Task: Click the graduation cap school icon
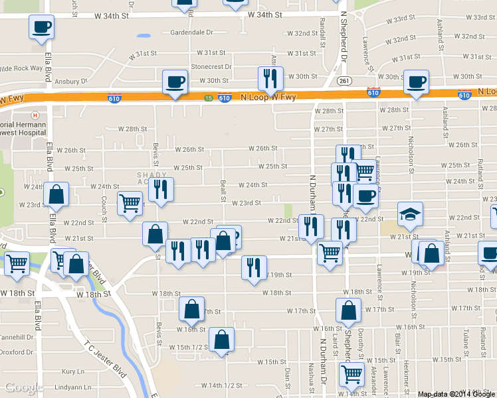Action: coord(410,214)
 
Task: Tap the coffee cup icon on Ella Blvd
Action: coord(41,27)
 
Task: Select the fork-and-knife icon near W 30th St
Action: coord(270,78)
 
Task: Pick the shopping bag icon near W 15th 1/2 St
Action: coord(221,340)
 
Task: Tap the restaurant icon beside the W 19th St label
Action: coord(253,267)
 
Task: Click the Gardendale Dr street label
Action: coord(191,33)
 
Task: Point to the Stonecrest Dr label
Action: coord(211,67)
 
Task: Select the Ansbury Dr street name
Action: coord(71,82)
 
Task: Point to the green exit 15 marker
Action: coord(208,98)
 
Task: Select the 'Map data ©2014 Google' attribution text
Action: coord(456,394)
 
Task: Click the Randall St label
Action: coord(322,27)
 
